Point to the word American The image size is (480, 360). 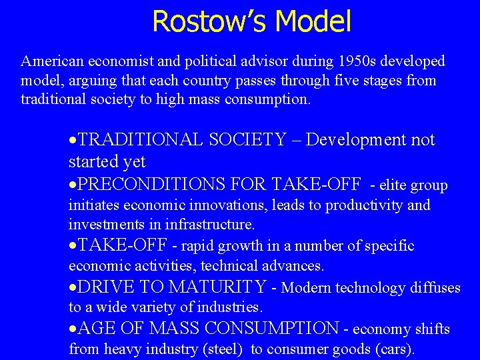pos(52,62)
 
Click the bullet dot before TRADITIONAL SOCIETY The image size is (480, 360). pos(73,141)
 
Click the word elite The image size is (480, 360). pos(394,185)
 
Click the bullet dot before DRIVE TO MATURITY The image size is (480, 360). pos(73,289)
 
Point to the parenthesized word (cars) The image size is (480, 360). pos(394,349)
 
